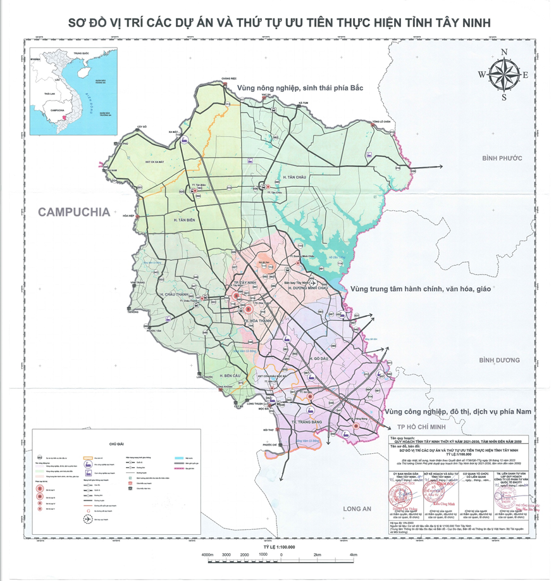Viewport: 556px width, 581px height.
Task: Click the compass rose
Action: click(504, 75)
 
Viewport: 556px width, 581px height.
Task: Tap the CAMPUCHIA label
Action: click(74, 212)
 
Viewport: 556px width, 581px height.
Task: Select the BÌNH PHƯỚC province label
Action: click(502, 158)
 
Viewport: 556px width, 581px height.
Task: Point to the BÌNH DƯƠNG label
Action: click(498, 360)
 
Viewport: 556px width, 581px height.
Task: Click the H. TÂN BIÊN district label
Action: click(185, 219)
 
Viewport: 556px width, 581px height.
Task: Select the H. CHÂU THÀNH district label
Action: click(176, 295)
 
